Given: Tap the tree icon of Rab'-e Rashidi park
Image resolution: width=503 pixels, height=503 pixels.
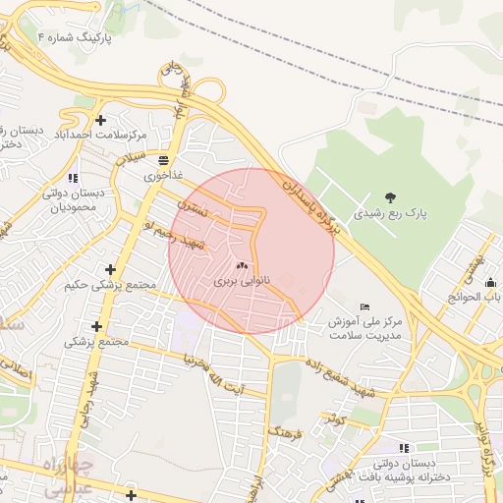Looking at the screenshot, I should [x=391, y=197].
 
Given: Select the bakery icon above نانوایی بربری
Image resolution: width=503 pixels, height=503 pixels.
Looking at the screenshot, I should [x=242, y=265].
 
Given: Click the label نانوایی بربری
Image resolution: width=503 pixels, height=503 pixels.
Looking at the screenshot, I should [x=241, y=280].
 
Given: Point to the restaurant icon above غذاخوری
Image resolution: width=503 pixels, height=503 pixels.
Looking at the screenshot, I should [x=162, y=160].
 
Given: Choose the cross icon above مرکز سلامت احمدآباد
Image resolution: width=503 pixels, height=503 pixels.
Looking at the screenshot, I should [x=100, y=119].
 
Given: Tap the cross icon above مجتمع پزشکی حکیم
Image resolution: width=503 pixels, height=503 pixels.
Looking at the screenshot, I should [x=110, y=269].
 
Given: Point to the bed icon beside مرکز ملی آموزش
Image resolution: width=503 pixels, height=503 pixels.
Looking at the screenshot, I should [x=365, y=307].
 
